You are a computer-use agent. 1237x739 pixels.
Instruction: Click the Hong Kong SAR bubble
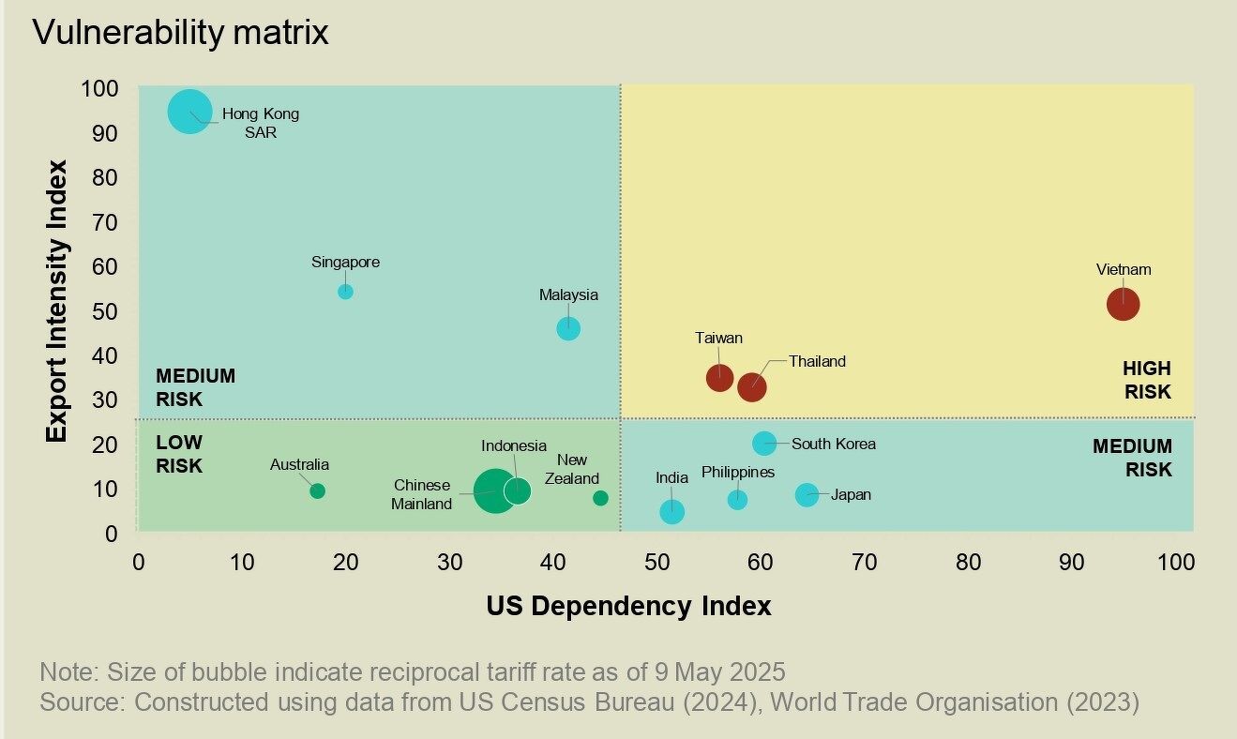[189, 113]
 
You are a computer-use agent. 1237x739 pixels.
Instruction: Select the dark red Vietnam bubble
[1123, 304]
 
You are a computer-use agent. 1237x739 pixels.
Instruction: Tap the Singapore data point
[345, 292]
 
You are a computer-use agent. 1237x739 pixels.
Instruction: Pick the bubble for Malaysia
[568, 328]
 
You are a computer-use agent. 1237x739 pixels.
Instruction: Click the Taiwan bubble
[719, 377]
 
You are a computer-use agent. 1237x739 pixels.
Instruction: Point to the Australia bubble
[317, 490]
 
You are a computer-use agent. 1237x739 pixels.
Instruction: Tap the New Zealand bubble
[600, 498]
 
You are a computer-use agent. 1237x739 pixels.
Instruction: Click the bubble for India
[671, 511]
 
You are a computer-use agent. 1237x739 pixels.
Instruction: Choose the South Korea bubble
[764, 444]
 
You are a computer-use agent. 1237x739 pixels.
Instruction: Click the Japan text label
[851, 494]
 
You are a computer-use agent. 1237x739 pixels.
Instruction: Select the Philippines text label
[738, 472]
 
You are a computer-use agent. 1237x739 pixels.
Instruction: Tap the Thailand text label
[817, 361]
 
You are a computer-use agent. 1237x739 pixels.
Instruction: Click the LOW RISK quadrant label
[179, 454]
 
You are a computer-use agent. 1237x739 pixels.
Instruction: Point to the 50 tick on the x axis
[657, 563]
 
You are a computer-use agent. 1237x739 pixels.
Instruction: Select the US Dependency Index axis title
[628, 607]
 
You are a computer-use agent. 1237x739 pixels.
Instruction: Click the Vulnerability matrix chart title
[180, 33]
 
